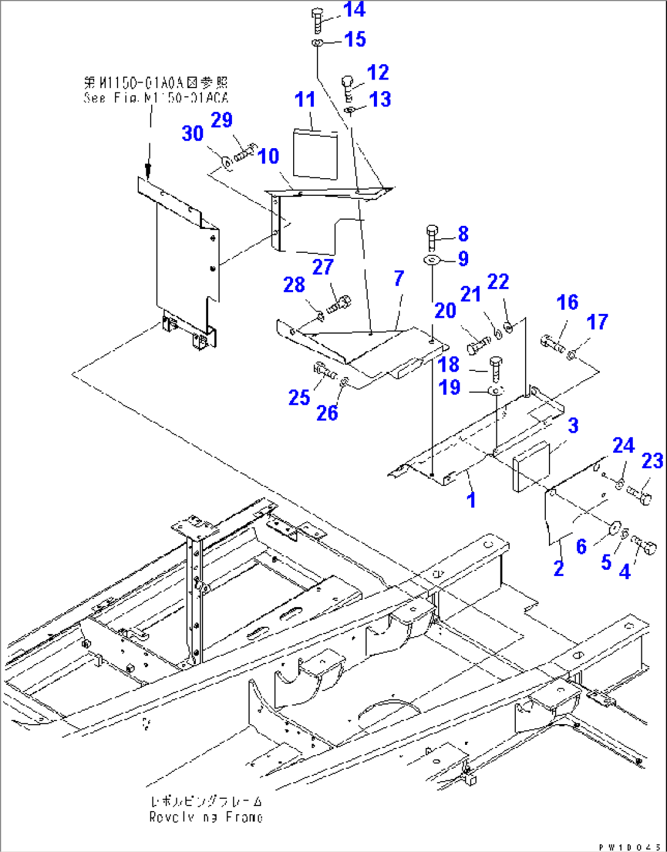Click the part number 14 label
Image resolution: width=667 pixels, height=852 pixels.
[x=354, y=10]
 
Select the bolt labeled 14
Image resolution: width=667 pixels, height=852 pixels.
[x=318, y=20]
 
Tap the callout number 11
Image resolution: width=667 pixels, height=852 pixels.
[x=305, y=99]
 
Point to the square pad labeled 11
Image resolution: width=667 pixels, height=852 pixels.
[x=315, y=154]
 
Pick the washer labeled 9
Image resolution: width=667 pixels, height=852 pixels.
[x=433, y=260]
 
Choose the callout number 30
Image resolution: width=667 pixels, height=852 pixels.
[x=193, y=133]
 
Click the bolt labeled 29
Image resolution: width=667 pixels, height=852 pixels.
[x=245, y=151]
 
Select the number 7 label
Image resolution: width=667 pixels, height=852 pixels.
[x=399, y=278]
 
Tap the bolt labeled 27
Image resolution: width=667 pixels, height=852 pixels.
[x=338, y=303]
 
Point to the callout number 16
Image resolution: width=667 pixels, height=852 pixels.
[x=567, y=302]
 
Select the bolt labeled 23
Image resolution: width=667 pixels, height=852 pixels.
[x=641, y=495]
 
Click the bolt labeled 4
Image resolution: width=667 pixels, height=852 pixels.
[x=644, y=545]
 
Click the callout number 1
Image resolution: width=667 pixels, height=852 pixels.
[x=471, y=499]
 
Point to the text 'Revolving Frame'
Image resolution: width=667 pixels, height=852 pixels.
[x=206, y=816]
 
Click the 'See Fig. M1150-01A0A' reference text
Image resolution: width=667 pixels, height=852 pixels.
[x=155, y=98]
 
